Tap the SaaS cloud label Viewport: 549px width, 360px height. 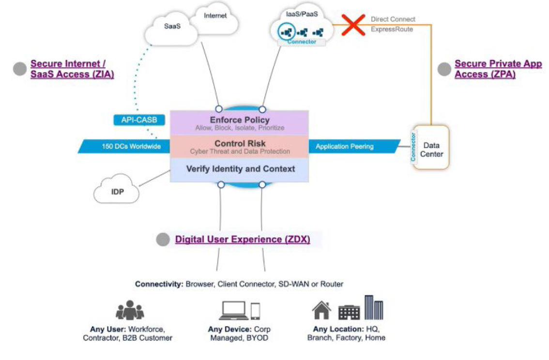[172, 26]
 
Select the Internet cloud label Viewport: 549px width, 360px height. [215, 15]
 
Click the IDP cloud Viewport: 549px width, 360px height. [117, 192]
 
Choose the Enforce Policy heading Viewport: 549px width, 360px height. [239, 120]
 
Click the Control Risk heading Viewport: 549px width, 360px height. [240, 144]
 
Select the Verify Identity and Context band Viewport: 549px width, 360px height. [240, 169]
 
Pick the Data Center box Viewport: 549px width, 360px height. [431, 149]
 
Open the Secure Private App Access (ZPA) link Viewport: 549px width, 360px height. [498, 69]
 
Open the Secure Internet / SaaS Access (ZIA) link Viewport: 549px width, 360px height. [72, 69]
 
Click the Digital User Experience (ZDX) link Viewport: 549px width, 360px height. [242, 240]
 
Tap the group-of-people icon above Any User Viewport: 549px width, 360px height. [130, 310]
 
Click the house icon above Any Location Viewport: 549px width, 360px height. [321, 310]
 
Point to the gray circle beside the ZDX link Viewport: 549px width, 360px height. [163, 240]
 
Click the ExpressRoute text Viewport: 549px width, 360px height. [392, 29]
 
